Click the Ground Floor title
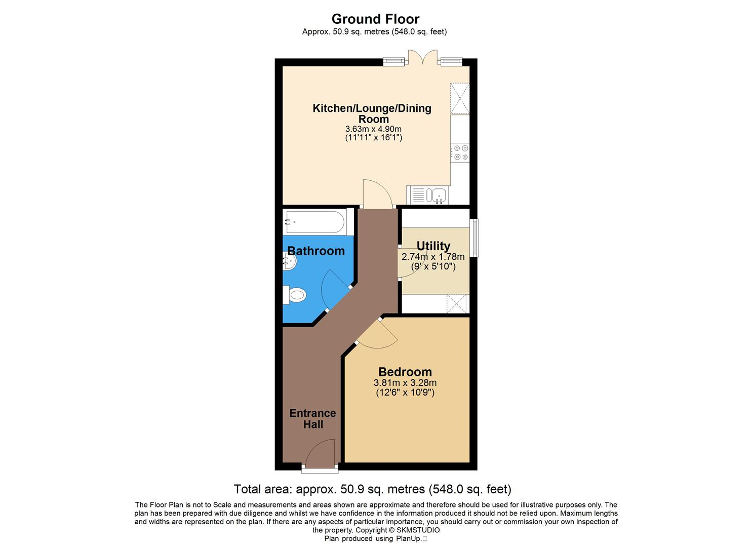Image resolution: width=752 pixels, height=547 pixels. (375, 19)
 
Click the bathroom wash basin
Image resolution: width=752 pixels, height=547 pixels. (289, 261)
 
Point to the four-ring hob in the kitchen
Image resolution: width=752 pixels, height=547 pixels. (460, 152)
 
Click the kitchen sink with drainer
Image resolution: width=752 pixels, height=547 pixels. (428, 195)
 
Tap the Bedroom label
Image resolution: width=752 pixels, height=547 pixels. (405, 372)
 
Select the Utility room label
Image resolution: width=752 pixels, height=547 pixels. (433, 246)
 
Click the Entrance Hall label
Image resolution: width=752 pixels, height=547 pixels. (312, 419)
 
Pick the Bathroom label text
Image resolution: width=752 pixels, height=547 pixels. (316, 251)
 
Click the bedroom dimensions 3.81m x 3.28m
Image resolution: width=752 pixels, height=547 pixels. (405, 383)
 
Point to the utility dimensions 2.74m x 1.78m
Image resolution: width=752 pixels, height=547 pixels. (433, 257)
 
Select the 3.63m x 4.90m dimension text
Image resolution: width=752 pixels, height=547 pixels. (373, 129)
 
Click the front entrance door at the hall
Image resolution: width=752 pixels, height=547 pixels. (321, 454)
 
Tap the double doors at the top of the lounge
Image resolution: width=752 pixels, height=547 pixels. (422, 57)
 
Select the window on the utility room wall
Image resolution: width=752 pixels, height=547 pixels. (475, 237)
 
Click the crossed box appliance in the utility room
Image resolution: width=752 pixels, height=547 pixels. (458, 304)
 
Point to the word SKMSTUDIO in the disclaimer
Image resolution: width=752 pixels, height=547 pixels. (418, 530)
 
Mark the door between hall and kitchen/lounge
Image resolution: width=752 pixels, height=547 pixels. (377, 194)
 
